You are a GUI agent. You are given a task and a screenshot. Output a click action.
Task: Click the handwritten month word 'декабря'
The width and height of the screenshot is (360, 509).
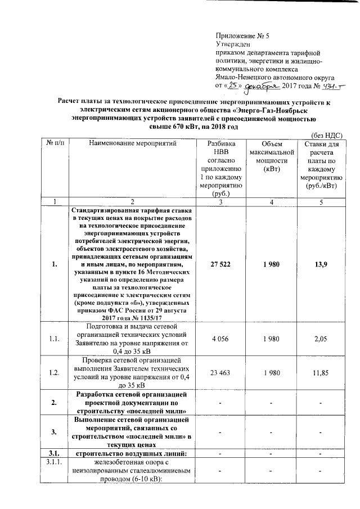click(262, 86)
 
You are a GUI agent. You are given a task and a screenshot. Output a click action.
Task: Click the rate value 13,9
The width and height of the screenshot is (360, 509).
click(318, 265)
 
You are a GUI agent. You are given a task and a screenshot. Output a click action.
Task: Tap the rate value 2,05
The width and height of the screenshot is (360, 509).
click(318, 338)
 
